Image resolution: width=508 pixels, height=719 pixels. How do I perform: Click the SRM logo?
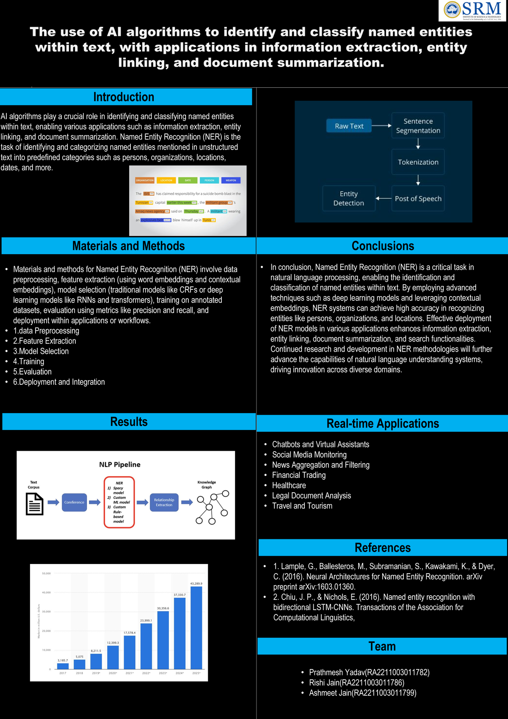click(472, 11)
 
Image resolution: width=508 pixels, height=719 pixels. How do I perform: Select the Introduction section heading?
click(124, 97)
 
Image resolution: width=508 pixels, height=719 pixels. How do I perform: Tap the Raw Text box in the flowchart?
click(349, 126)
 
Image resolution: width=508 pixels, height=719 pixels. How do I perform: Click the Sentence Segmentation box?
click(418, 126)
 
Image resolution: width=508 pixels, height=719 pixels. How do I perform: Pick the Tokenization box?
click(418, 162)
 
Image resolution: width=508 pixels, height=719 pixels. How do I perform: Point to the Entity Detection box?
click(348, 198)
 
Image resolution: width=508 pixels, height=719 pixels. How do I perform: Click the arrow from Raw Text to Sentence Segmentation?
click(381, 126)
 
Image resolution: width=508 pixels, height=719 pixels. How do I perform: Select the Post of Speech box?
click(418, 198)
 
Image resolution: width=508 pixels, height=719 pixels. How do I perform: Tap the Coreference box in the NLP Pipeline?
click(74, 502)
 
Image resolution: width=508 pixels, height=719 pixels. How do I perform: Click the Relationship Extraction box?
click(164, 502)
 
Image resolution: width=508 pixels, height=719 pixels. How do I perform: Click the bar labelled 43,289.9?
click(196, 627)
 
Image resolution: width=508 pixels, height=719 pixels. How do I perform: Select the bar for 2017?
click(63, 666)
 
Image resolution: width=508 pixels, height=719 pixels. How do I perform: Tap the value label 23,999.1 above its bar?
click(146, 620)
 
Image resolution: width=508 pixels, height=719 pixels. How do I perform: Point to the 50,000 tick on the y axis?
click(46, 573)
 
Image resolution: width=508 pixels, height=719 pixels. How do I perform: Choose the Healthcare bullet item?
click(289, 485)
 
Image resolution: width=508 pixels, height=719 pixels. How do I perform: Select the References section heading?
click(382, 547)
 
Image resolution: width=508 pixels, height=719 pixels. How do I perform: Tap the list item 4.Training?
click(28, 361)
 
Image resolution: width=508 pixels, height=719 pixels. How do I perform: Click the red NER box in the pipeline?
click(119, 502)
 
